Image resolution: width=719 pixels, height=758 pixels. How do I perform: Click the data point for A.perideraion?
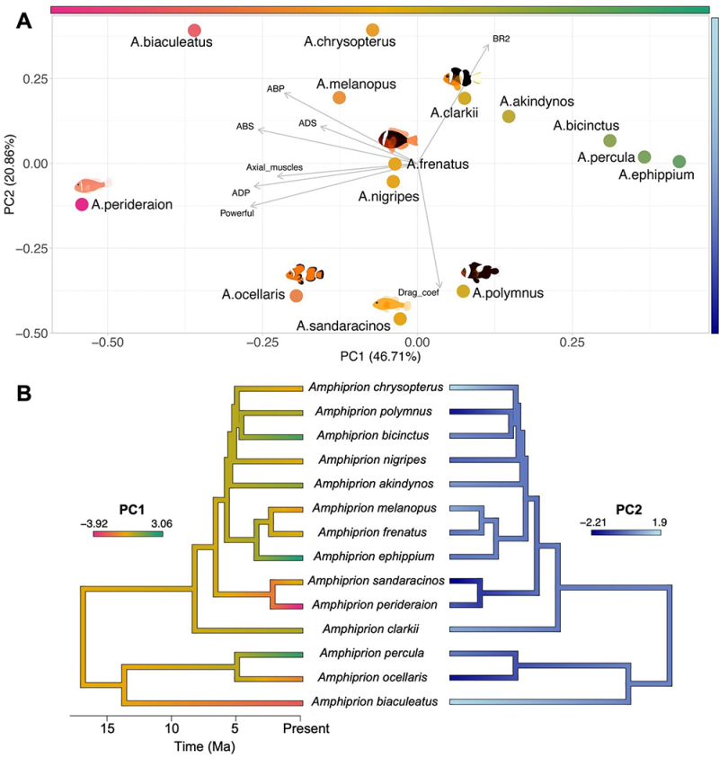82,205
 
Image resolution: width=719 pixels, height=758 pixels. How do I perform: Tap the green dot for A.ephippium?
679,162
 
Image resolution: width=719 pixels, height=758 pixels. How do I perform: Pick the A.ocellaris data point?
297,295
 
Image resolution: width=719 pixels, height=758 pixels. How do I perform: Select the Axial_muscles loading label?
274,167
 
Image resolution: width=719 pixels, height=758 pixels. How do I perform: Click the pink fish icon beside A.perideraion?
93,185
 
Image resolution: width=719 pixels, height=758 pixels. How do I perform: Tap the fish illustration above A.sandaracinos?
396,304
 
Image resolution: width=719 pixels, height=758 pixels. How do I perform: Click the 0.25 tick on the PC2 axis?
35,79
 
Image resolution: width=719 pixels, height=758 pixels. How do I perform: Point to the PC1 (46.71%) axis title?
380,357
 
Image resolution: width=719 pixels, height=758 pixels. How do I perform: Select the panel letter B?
23,393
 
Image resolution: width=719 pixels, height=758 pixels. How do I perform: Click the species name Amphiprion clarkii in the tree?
376,629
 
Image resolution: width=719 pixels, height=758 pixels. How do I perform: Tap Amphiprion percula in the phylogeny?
376,654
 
